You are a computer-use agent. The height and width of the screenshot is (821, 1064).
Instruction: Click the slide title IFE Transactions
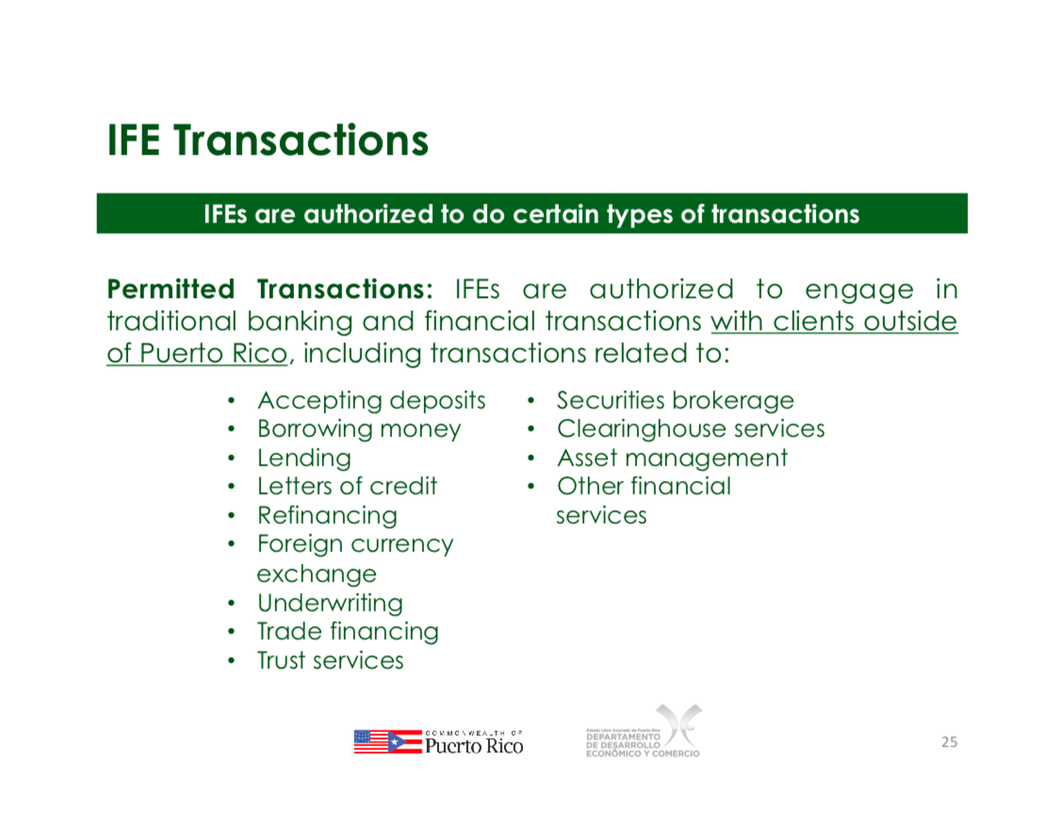pyautogui.click(x=268, y=140)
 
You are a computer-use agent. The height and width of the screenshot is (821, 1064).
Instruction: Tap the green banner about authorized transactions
pyautogui.click(x=532, y=214)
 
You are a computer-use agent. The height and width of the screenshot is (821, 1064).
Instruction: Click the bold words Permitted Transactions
pyautogui.click(x=270, y=289)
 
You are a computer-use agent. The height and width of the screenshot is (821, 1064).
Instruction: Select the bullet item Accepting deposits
pyautogui.click(x=371, y=401)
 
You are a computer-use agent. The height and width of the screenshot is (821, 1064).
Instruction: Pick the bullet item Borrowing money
pyautogui.click(x=359, y=430)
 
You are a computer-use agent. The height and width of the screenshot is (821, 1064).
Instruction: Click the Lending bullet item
pyautogui.click(x=304, y=459)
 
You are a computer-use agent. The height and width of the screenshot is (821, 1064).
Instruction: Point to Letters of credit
pyautogui.click(x=347, y=486)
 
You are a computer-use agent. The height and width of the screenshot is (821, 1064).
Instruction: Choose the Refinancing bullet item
pyautogui.click(x=327, y=517)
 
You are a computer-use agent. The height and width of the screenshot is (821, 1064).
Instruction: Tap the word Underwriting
pyautogui.click(x=330, y=603)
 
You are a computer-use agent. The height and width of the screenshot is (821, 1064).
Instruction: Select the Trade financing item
pyautogui.click(x=348, y=632)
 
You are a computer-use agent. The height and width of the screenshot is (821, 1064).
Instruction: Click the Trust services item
pyautogui.click(x=330, y=661)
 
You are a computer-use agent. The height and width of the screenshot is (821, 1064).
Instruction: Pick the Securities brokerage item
pyautogui.click(x=675, y=401)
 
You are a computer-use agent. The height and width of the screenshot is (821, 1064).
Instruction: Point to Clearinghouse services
pyautogui.click(x=691, y=430)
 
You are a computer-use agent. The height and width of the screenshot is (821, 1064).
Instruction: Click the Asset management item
pyautogui.click(x=673, y=459)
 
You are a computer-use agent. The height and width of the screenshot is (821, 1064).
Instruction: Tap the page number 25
pyautogui.click(x=949, y=742)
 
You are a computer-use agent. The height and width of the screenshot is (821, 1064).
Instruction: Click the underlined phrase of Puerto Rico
pyautogui.click(x=198, y=353)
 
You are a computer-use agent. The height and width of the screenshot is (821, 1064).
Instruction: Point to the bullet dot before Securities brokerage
pyautogui.click(x=532, y=401)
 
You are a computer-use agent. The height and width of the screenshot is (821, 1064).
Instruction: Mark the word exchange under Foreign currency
pyautogui.click(x=317, y=575)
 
